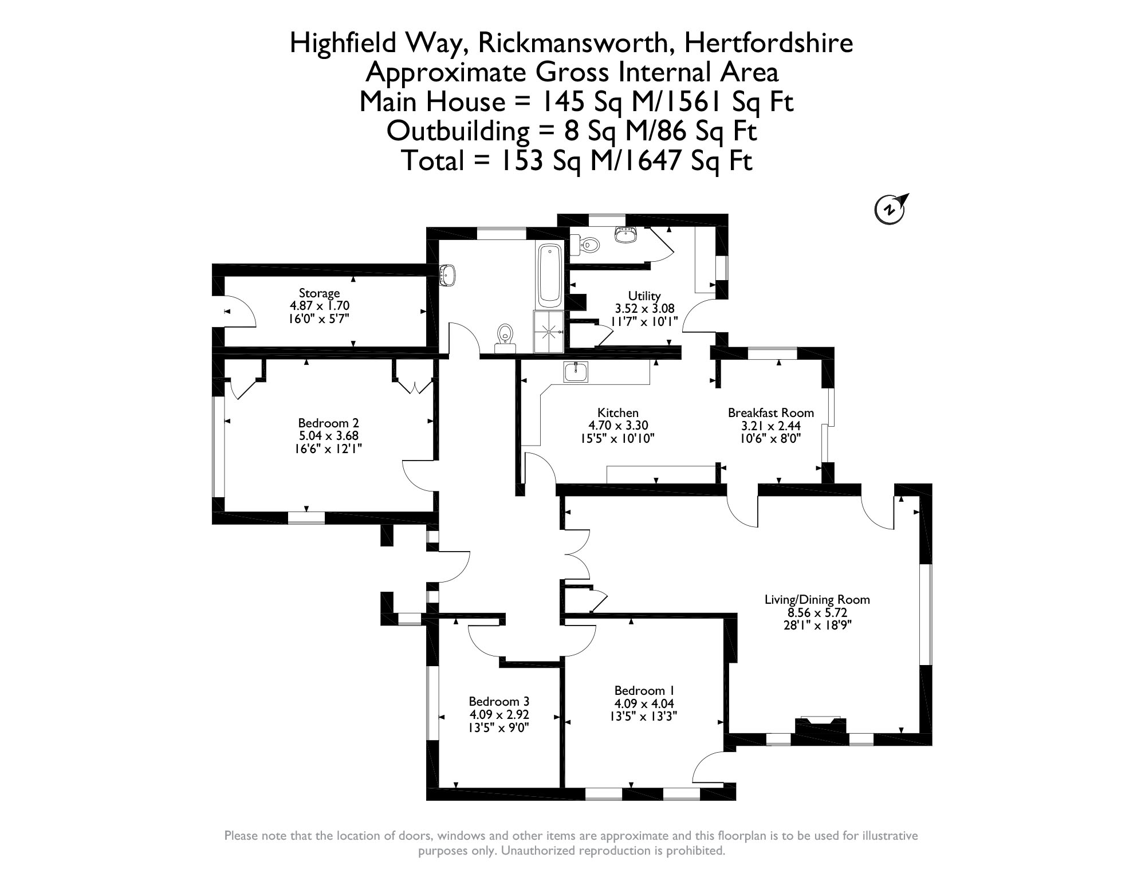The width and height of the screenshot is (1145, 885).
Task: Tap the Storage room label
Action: point(319,293)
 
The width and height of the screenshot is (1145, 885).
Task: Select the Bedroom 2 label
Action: point(328,423)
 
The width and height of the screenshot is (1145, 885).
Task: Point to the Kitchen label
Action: point(617,412)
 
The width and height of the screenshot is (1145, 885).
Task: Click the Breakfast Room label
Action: point(770,412)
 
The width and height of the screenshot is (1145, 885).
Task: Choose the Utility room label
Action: point(644,296)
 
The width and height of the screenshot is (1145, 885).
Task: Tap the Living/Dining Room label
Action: point(817,600)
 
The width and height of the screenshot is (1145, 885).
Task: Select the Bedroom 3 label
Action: point(499,701)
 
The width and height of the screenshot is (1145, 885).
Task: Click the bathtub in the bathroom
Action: point(550,275)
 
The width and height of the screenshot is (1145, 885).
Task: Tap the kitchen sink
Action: point(575,372)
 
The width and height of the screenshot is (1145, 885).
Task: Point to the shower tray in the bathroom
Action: point(549,332)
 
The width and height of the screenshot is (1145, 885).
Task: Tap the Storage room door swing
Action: point(239,312)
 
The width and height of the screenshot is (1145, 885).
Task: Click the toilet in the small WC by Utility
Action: point(589,246)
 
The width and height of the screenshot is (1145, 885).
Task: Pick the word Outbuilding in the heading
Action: point(458,131)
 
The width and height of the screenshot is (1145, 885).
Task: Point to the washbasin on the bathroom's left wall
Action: point(447,274)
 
